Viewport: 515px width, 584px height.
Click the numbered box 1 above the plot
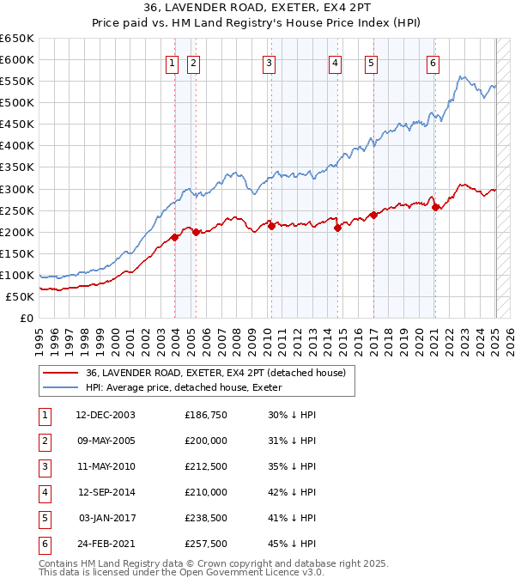(173, 62)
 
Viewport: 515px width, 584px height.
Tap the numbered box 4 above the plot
(334, 62)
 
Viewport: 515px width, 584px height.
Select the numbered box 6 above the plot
(433, 62)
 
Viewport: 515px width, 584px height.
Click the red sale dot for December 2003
(174, 237)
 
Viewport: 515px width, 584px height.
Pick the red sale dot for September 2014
(338, 228)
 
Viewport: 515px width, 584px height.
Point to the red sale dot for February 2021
(436, 207)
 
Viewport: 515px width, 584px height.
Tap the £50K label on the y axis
(20, 296)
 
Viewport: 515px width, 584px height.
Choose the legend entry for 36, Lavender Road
(215, 373)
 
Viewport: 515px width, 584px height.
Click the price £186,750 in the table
(206, 415)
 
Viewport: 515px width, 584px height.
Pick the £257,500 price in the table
(206, 544)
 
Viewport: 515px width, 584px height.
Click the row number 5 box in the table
(43, 518)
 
